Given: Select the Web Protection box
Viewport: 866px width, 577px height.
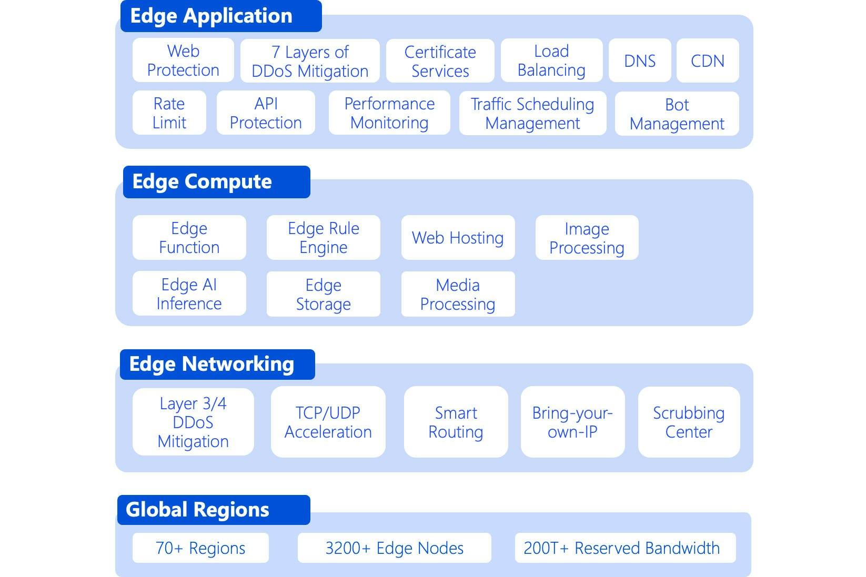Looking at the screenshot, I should click(x=183, y=60).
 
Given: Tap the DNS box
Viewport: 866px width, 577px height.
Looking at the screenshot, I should click(x=640, y=61).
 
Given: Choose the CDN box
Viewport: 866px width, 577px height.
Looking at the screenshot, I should click(x=708, y=61).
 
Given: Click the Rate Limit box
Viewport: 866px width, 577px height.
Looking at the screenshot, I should click(x=169, y=113).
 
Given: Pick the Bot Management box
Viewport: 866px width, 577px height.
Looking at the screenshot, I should click(x=677, y=114).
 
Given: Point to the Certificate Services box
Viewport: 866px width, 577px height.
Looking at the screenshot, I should click(x=440, y=61).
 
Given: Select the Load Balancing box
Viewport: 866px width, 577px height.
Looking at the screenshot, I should click(x=551, y=60).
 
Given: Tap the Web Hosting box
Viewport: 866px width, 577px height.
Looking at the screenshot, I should click(x=458, y=238).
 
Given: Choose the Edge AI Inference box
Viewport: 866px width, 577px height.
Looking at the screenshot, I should click(x=189, y=293).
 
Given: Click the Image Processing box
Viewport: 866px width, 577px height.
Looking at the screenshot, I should click(x=587, y=238).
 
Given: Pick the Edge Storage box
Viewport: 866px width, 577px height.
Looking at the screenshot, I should click(x=323, y=294).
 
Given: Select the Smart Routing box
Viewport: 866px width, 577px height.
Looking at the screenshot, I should click(x=456, y=422).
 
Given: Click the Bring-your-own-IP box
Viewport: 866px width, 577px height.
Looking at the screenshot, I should click(x=572, y=422).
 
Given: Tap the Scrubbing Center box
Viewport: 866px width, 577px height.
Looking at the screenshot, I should click(x=689, y=422).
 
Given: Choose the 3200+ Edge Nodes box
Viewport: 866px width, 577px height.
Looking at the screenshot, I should click(x=394, y=548).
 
